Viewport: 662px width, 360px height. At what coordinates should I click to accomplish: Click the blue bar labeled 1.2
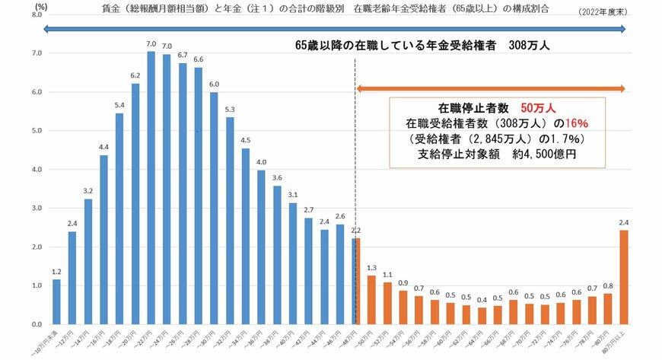click(56, 301)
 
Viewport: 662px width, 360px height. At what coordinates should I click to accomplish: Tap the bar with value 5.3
click(230, 221)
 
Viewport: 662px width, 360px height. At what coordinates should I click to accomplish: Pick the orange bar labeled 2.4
click(623, 277)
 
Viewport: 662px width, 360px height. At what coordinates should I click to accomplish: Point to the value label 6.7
click(183, 55)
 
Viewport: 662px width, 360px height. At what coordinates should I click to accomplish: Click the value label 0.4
click(482, 300)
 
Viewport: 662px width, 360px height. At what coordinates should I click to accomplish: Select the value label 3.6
click(277, 178)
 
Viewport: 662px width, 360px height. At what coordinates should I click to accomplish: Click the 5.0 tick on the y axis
click(36, 131)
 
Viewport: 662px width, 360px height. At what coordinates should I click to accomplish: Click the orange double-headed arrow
click(490, 89)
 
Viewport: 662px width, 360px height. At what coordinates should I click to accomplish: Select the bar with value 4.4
click(103, 239)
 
